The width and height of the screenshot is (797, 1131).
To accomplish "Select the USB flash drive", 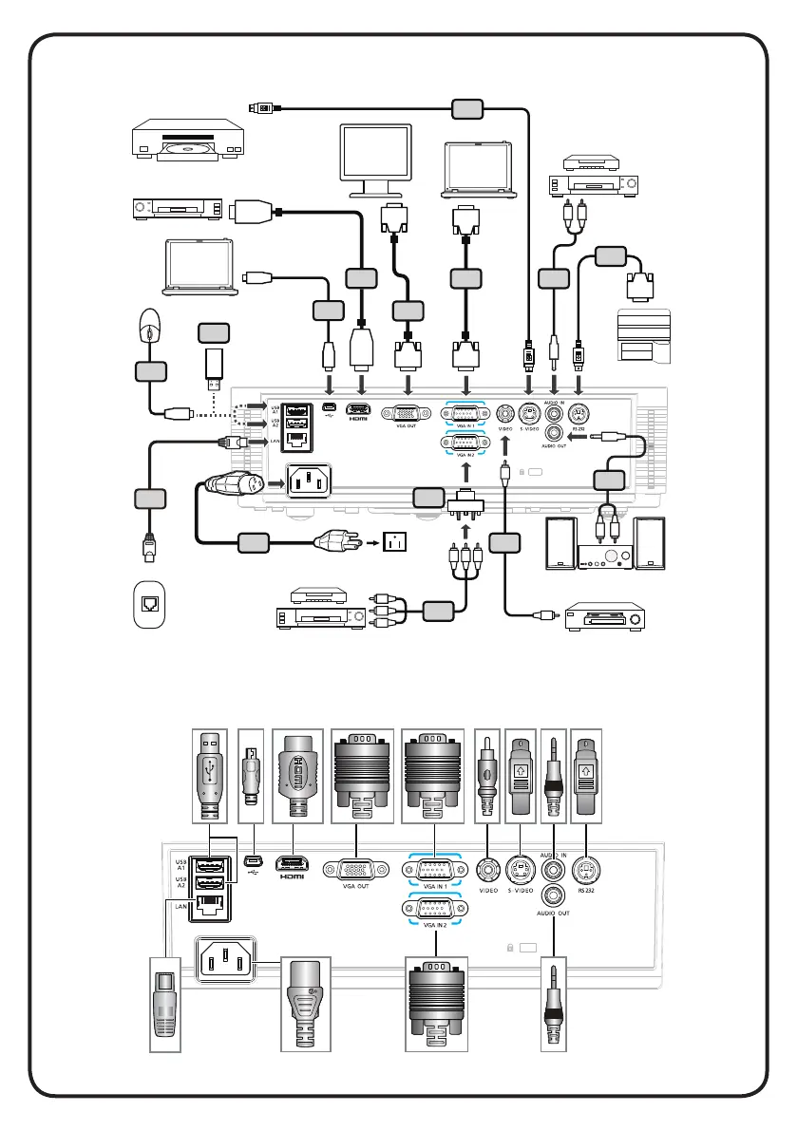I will point(215,365).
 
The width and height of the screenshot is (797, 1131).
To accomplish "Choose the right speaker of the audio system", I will point(651,544).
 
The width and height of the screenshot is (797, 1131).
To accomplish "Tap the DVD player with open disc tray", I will point(181,142).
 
